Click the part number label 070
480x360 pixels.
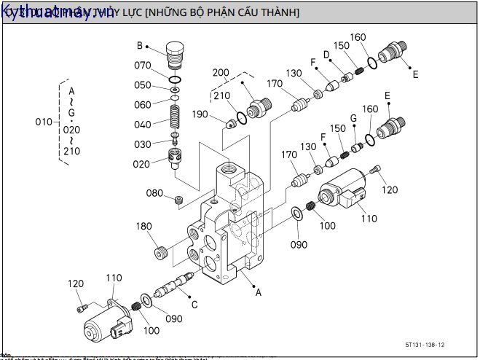tap(142, 65)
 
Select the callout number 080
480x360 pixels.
tap(154, 193)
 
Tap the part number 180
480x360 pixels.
tap(143, 227)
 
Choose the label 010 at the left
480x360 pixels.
tap(44, 122)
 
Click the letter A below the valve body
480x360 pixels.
tap(257, 292)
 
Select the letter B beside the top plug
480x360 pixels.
tap(140, 46)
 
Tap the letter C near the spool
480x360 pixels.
tap(194, 304)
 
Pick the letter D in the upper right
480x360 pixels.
tap(327, 55)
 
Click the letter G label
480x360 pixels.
tap(353, 118)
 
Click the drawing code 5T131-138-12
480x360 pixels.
tap(425, 345)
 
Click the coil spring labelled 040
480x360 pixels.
tap(174, 117)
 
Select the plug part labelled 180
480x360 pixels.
tap(162, 254)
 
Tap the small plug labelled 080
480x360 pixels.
tap(178, 198)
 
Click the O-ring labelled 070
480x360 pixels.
tap(175, 79)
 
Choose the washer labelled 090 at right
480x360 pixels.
tap(298, 213)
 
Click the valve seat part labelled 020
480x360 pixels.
tap(175, 157)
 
